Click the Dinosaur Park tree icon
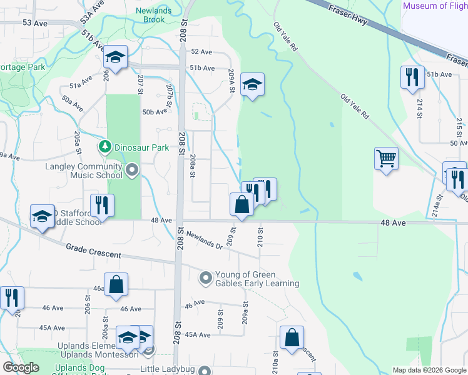click(x=104, y=147)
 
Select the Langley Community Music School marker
click(x=131, y=169)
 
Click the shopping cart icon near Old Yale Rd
click(x=386, y=158)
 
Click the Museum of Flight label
click(x=435, y=6)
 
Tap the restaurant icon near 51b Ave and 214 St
click(x=412, y=77)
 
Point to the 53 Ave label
click(x=35, y=22)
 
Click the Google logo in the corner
click(x=20, y=367)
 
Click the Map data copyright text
click(x=429, y=370)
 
